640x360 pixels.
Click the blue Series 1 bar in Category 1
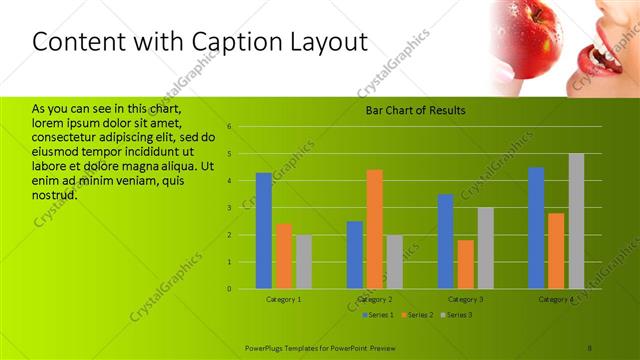[264, 231]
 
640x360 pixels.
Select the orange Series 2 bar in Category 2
[374, 229]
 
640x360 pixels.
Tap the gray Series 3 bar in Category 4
[576, 221]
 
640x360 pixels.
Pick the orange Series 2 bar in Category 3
[466, 264]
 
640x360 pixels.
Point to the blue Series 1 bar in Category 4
[536, 228]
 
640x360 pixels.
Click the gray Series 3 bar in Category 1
[303, 262]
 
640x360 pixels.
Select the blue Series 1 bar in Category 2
[355, 255]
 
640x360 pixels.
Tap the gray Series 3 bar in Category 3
[485, 248]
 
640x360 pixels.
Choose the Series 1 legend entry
[376, 315]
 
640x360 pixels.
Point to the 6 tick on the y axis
[230, 127]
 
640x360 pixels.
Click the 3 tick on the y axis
[230, 208]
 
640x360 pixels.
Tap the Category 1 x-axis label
[284, 299]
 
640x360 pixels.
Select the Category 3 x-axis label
[466, 299]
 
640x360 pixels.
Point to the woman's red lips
[605, 60]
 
